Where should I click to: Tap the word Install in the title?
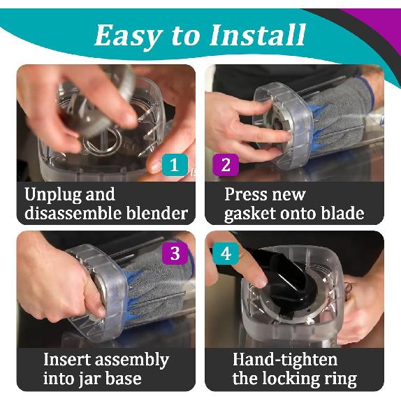coord(258,34)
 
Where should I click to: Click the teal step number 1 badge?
coord(175,165)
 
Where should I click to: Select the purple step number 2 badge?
coord(226,165)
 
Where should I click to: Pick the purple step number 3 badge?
coord(175,254)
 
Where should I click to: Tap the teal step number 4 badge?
coord(226,254)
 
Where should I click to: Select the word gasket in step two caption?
coord(250,214)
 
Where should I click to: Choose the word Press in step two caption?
coord(245,195)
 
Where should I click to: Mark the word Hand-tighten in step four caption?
coord(285,360)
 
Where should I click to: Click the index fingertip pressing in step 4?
coord(260,281)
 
